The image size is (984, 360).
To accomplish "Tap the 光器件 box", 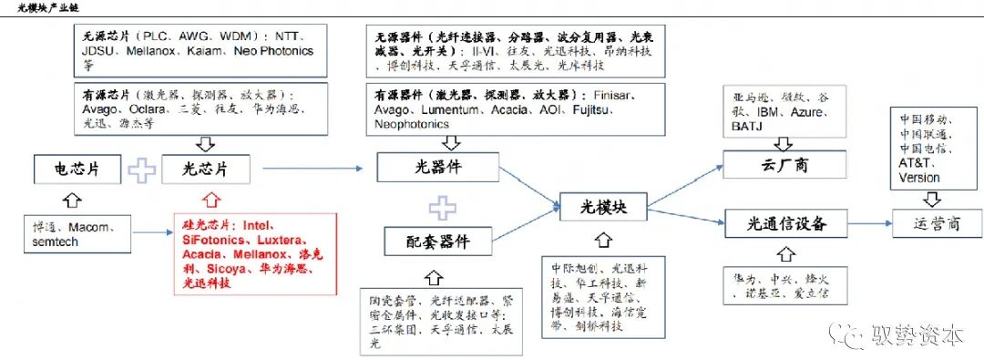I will [438, 168].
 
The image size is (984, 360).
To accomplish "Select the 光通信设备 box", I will [776, 221].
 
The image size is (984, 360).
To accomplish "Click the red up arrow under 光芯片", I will [210, 198].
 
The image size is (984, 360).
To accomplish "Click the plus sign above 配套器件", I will [442, 207].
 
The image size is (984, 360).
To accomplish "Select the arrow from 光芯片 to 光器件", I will [318, 169].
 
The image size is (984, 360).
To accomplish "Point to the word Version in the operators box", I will [918, 178].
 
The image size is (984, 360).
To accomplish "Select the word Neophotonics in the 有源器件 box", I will [412, 124].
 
